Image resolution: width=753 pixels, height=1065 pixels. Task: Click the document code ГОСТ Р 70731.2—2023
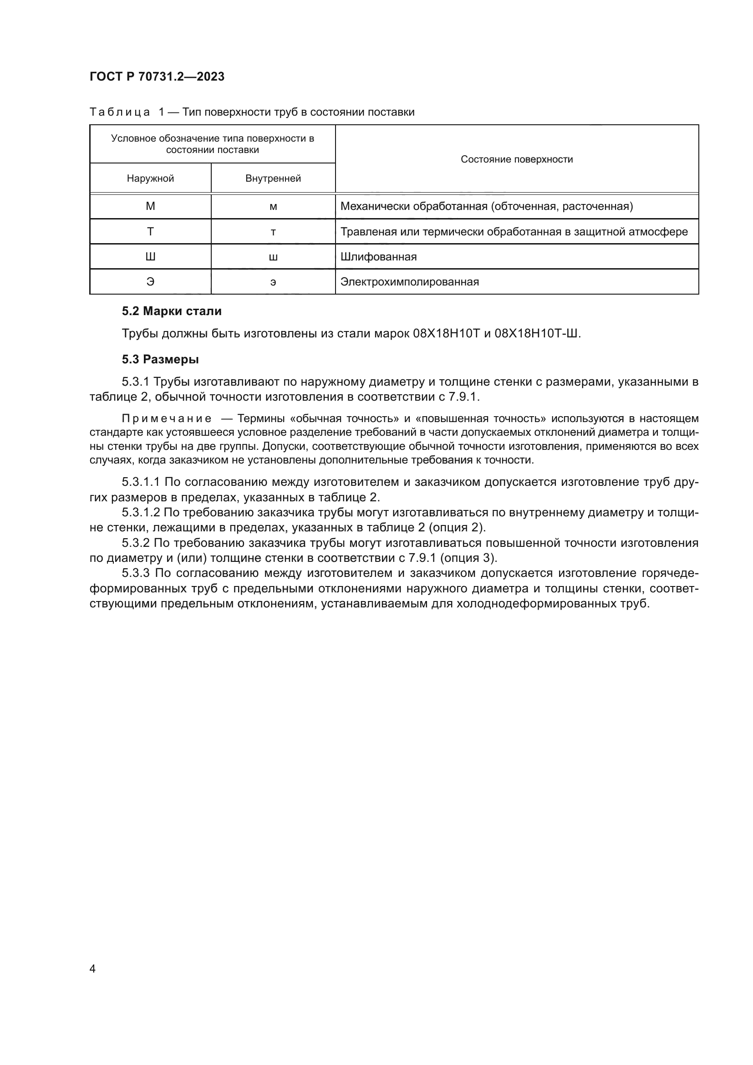pyautogui.click(x=157, y=76)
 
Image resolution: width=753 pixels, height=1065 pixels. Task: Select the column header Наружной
pyautogui.click(x=150, y=178)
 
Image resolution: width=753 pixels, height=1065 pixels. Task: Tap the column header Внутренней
pyautogui.click(x=273, y=178)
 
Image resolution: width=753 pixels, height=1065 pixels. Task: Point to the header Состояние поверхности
pyautogui.click(x=517, y=159)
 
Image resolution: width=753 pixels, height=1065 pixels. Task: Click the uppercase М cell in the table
pyautogui.click(x=150, y=206)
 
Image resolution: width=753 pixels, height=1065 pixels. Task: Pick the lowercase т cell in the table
pyautogui.click(x=273, y=232)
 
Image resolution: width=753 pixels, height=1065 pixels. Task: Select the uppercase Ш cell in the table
pyautogui.click(x=150, y=257)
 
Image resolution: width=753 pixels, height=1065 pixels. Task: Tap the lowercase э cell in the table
pyautogui.click(x=273, y=282)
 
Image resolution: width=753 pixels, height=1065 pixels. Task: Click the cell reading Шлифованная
pyautogui.click(x=378, y=257)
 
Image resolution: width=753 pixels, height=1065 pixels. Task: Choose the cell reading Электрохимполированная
pyautogui.click(x=409, y=282)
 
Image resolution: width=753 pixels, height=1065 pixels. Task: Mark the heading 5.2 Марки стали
pyautogui.click(x=172, y=311)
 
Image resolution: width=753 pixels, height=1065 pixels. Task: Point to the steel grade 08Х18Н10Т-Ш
pyautogui.click(x=537, y=333)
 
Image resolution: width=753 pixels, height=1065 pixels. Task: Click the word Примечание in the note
pyautogui.click(x=167, y=419)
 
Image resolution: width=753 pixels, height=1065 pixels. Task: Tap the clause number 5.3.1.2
pyautogui.click(x=141, y=513)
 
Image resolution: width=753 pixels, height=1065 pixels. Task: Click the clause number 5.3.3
pyautogui.click(x=135, y=573)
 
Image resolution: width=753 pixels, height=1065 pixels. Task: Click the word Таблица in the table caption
pyautogui.click(x=120, y=112)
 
